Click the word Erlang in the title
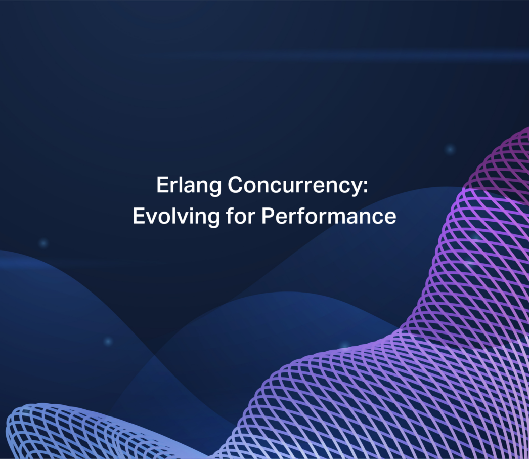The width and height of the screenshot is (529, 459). tap(189, 186)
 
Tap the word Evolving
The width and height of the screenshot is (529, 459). tap(176, 217)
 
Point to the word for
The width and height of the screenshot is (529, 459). tap(241, 216)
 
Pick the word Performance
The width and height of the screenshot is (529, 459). tap(329, 216)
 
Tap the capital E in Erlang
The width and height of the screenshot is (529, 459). tap(162, 185)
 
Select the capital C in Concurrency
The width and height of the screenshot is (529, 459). tap(236, 185)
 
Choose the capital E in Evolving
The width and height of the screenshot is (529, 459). tap(139, 216)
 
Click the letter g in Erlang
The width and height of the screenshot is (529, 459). tap(215, 188)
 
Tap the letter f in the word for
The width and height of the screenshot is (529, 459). tap(230, 215)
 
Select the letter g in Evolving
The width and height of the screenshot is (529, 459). tap(213, 219)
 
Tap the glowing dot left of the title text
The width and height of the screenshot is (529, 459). tap(43, 243)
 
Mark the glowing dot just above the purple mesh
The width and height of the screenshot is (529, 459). tap(450, 149)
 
